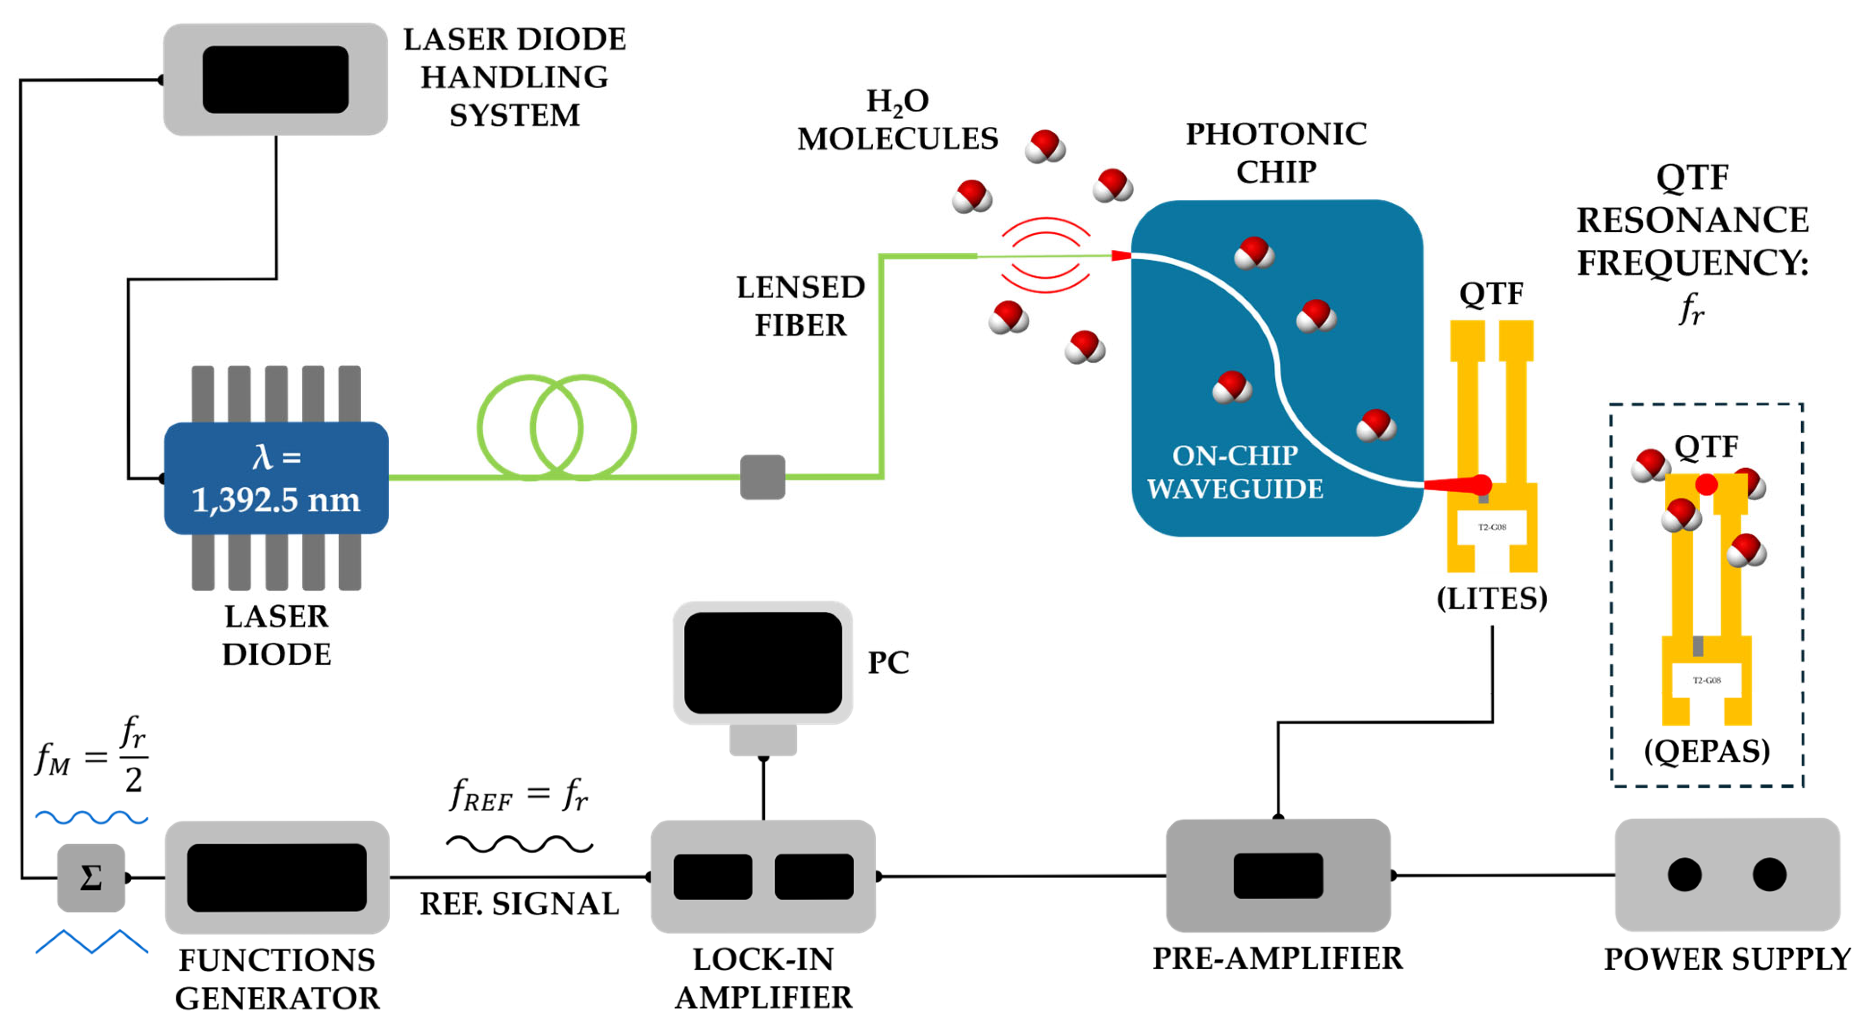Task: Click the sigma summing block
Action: [x=91, y=877]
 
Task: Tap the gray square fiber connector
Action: [x=762, y=477]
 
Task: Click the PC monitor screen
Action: [x=762, y=662]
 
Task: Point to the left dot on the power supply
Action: [x=1684, y=874]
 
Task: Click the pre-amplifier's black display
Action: [x=1278, y=875]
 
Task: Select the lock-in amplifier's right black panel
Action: [x=813, y=876]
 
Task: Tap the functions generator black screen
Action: [x=277, y=877]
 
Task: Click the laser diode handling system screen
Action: [x=275, y=79]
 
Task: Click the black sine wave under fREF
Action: [x=519, y=845]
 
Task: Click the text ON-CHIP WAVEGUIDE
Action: [x=1235, y=472]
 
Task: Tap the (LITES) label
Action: [x=1492, y=598]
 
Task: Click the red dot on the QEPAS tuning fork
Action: [x=1706, y=484]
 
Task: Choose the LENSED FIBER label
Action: [x=800, y=306]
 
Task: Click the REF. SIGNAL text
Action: [x=519, y=904]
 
